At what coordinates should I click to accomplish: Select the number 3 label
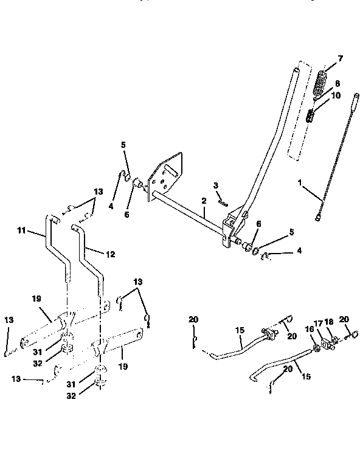coord(215,185)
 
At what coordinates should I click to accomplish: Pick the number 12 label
coord(110,253)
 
